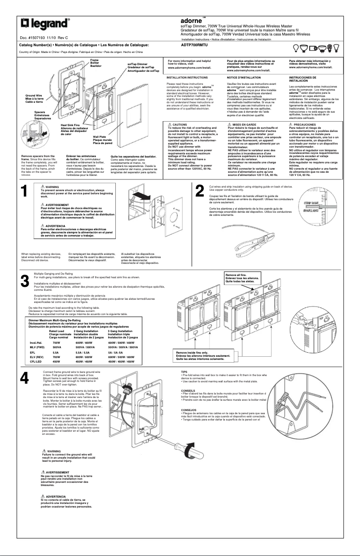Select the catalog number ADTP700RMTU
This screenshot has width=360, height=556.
coord(194,45)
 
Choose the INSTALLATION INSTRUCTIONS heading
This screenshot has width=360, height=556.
coord(187,78)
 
